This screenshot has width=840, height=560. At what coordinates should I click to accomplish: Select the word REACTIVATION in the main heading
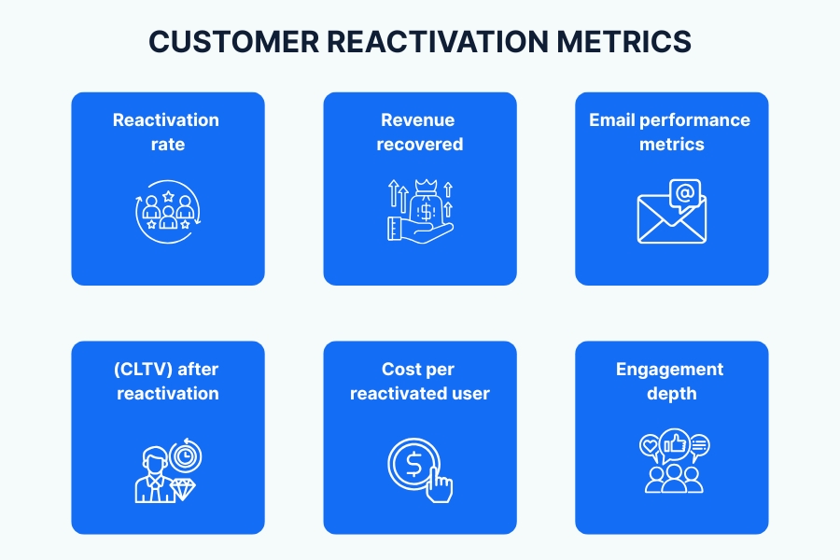pyautogui.click(x=438, y=43)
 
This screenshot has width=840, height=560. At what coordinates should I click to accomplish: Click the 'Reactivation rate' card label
pyautogui.click(x=167, y=132)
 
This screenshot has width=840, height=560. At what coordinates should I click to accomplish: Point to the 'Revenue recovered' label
pyautogui.click(x=419, y=132)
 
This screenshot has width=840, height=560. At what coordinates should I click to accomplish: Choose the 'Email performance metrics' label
pyautogui.click(x=670, y=132)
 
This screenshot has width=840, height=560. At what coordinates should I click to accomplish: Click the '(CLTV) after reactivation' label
pyautogui.click(x=167, y=381)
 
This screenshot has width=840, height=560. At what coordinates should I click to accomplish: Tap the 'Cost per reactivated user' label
pyautogui.click(x=419, y=381)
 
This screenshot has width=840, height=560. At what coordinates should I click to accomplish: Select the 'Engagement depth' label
pyautogui.click(x=670, y=381)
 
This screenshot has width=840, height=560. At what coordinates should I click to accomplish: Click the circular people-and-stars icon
pyautogui.click(x=167, y=213)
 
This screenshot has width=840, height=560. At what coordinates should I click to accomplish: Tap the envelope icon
pyautogui.click(x=670, y=220)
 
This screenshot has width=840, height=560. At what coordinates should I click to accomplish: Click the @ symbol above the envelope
pyautogui.click(x=684, y=194)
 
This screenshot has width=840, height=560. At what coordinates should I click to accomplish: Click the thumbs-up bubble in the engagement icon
pyautogui.click(x=674, y=444)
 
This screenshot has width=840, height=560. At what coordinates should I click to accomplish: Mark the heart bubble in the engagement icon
pyautogui.click(x=650, y=446)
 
